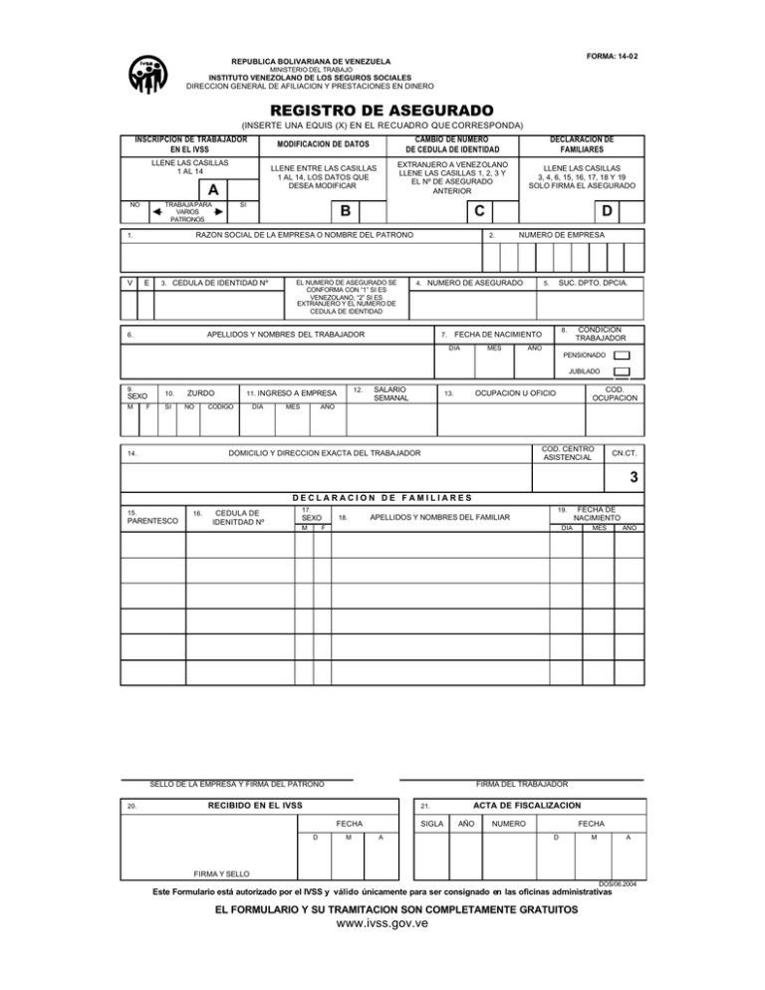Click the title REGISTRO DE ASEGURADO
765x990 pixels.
(382, 109)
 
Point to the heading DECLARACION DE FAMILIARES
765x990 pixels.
(382, 497)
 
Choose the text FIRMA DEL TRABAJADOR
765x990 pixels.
(522, 785)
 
